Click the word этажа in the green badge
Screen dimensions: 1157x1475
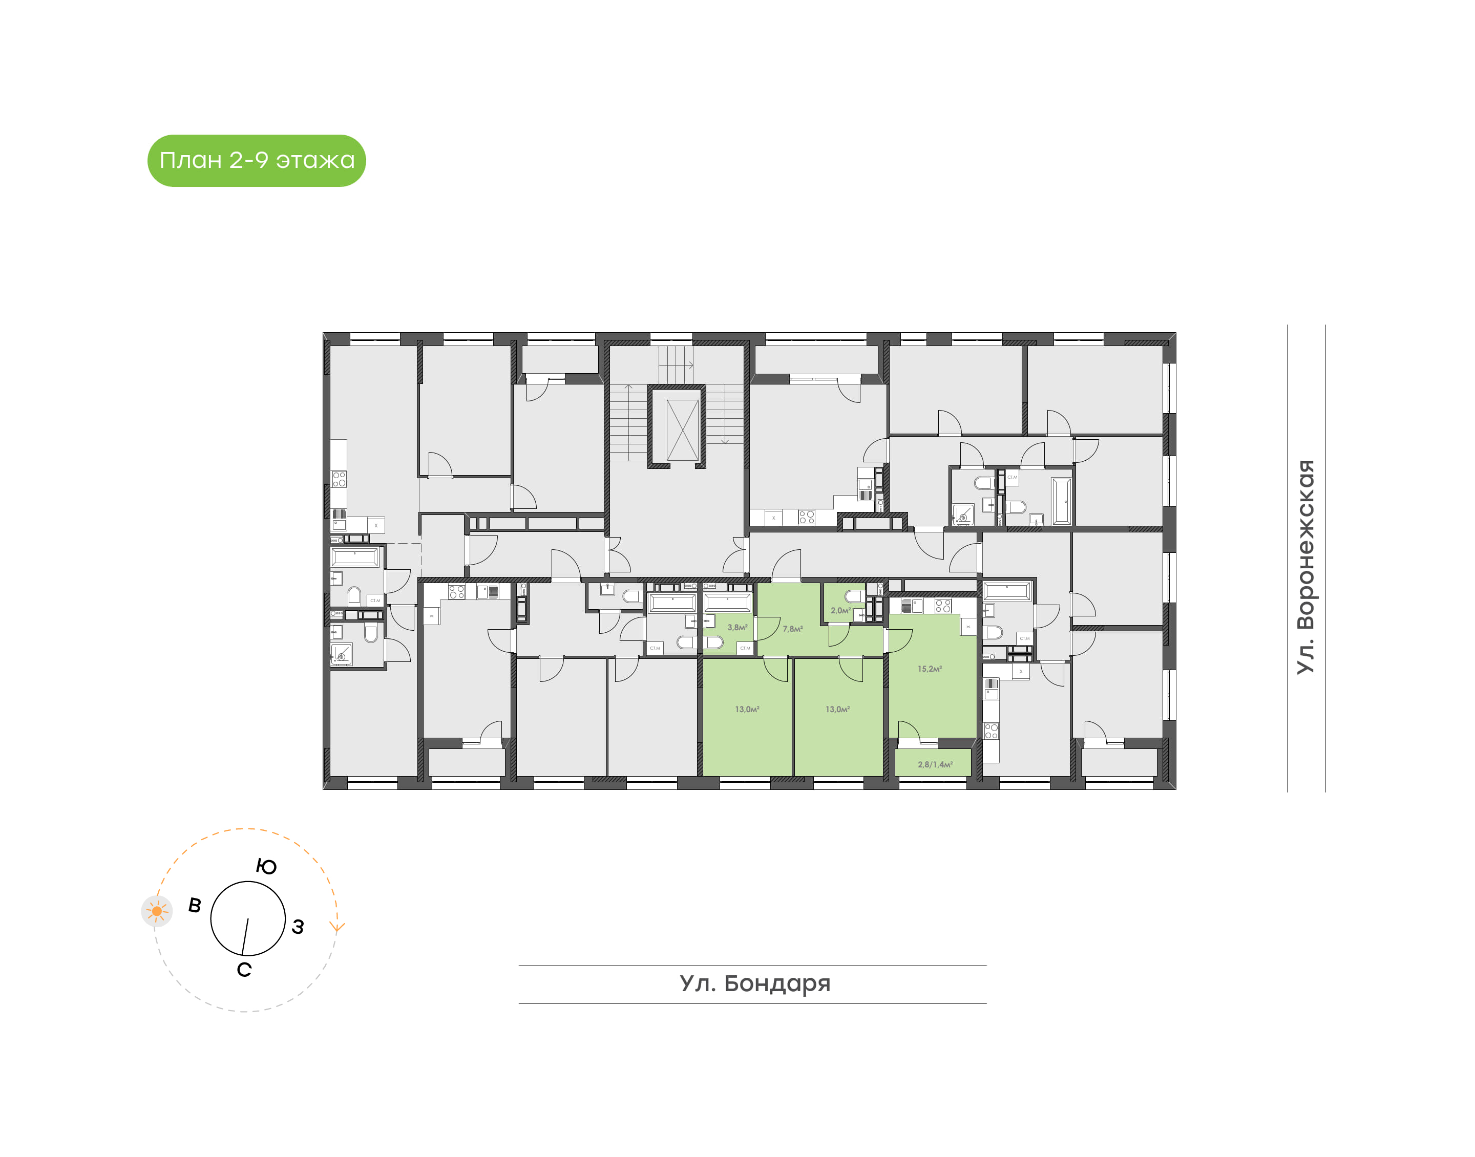coord(315,161)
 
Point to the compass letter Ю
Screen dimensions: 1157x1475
coord(266,866)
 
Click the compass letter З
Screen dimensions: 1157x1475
coord(298,927)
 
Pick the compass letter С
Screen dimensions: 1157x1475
coord(244,970)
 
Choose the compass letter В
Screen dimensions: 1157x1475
coord(195,905)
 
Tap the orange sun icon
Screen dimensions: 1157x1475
coord(157,911)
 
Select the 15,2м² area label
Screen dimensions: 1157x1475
coord(929,669)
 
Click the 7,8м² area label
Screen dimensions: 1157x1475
coord(792,629)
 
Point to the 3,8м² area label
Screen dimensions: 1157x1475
coord(737,627)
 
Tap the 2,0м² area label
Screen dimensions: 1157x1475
coord(840,610)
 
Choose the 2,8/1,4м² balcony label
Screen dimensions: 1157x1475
coord(934,764)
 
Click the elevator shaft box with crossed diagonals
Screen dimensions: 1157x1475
coord(682,430)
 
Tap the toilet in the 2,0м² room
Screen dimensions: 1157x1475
coord(853,596)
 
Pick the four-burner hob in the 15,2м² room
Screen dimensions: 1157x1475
coord(942,606)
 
